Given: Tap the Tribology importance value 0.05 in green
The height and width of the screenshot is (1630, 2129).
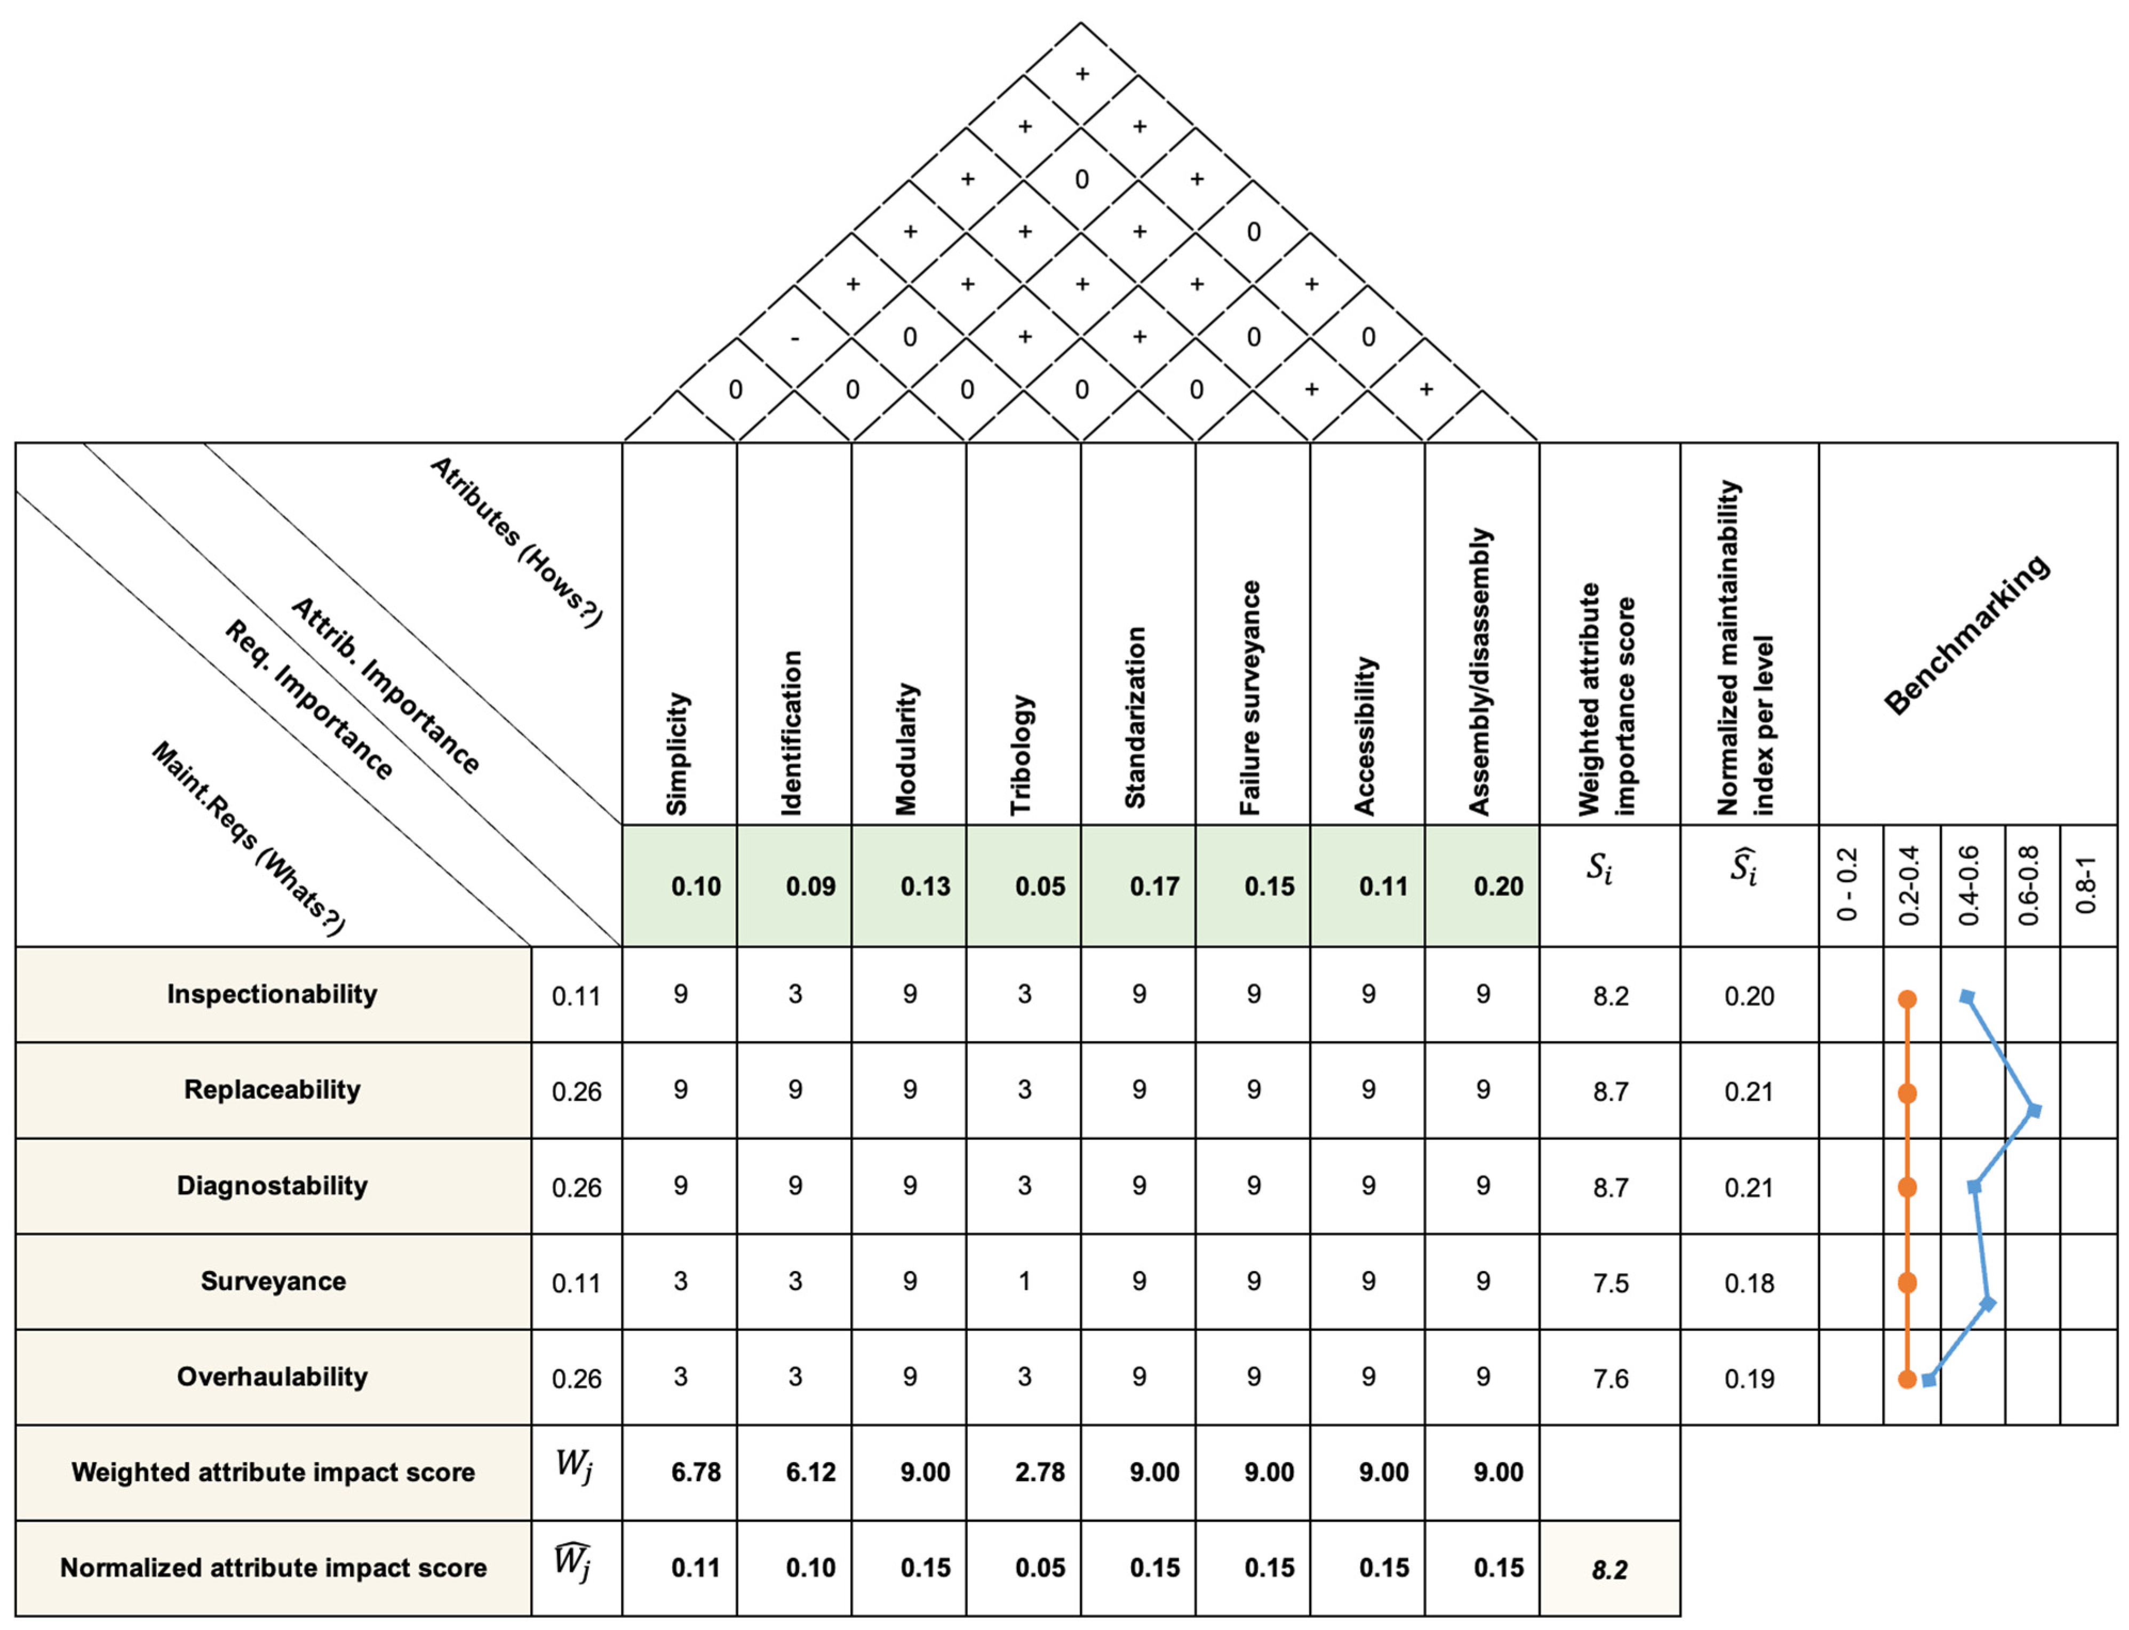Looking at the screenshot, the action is tap(1039, 886).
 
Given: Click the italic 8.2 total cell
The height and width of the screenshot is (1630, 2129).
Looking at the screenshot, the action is tap(1609, 1569).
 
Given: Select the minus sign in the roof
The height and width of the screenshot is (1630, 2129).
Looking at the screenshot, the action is tap(795, 338).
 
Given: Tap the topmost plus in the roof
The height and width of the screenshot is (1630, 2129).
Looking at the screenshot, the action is tap(1082, 74).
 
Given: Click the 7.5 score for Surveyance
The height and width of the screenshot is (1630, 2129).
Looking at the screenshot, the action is tap(1610, 1283).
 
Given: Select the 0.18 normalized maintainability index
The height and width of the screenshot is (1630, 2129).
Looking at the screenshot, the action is tap(1749, 1283).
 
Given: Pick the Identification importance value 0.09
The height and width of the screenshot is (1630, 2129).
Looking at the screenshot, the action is tap(810, 886).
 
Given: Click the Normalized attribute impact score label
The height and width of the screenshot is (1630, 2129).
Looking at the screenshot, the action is tap(273, 1568).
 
